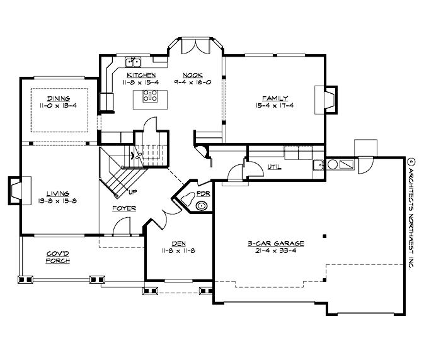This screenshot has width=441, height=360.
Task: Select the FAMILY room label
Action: [275, 98]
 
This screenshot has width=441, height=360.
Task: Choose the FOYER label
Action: [124, 208]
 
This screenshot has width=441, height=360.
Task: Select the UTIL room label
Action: [273, 167]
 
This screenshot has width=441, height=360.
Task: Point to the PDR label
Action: [203, 194]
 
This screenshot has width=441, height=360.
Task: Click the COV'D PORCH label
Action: [57, 257]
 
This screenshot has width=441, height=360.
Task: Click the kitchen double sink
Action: [133, 61]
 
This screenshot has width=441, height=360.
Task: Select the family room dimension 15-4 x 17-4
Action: [275, 106]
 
